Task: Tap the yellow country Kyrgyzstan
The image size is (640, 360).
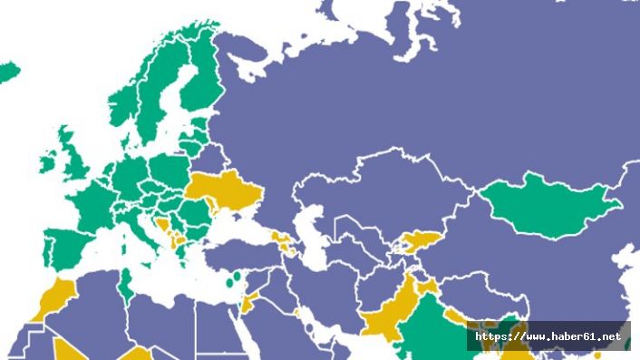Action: click(x=418, y=241)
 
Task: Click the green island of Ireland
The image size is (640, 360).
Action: click(x=48, y=165)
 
